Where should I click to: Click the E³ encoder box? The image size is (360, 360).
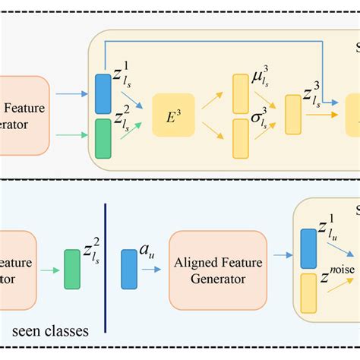pyautogui.click(x=173, y=115)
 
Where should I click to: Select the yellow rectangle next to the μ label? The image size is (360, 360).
pyautogui.click(x=241, y=91)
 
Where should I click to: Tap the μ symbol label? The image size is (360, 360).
pyautogui.click(x=260, y=80)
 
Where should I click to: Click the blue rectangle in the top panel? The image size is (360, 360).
pyautogui.click(x=103, y=93)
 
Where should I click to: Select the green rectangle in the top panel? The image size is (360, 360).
pyautogui.click(x=103, y=137)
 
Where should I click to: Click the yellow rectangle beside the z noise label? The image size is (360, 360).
pyautogui.click(x=309, y=292)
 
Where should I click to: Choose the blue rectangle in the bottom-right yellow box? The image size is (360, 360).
pyautogui.click(x=309, y=245)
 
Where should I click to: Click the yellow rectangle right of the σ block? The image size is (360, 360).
pyautogui.click(x=292, y=114)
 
